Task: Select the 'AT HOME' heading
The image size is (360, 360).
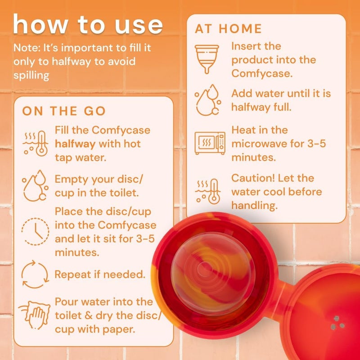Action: [228, 29]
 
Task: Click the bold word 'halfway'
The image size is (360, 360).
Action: [75, 144]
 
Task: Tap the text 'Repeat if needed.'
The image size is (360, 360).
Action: [100, 274]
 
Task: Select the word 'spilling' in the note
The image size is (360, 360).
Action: [31, 75]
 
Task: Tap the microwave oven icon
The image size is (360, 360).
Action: [210, 143]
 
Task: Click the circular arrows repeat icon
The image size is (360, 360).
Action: [34, 274]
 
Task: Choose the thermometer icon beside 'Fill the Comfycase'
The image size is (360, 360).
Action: [35, 143]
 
